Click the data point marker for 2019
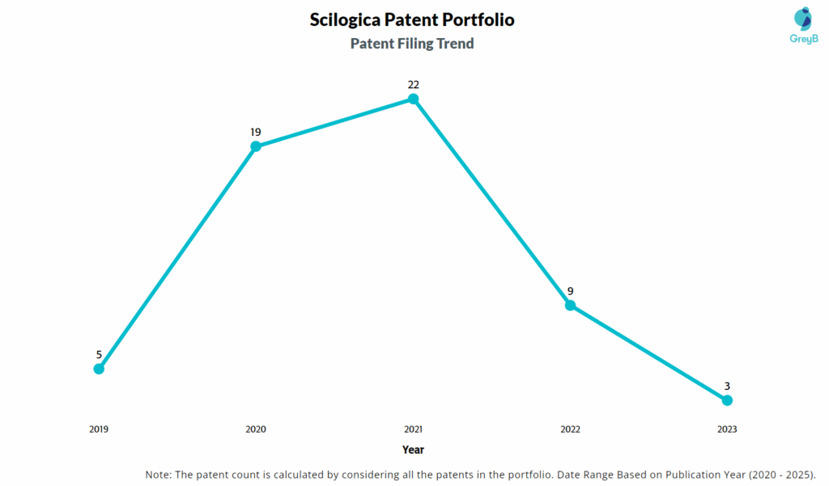click(99, 369)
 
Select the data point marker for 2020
click(256, 146)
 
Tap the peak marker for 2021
click(413, 99)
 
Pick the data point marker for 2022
click(570, 305)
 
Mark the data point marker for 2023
click(727, 400)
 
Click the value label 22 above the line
click(413, 84)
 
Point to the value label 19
click(256, 132)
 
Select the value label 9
click(570, 290)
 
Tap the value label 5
click(99, 354)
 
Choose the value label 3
click(727, 386)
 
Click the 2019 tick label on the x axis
click(99, 429)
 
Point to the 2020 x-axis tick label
click(256, 429)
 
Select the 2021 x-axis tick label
click(413, 429)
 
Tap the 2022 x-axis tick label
click(570, 429)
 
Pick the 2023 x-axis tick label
click(727, 429)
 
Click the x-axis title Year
click(413, 450)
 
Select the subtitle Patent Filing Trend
click(412, 44)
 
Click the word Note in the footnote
click(158, 475)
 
